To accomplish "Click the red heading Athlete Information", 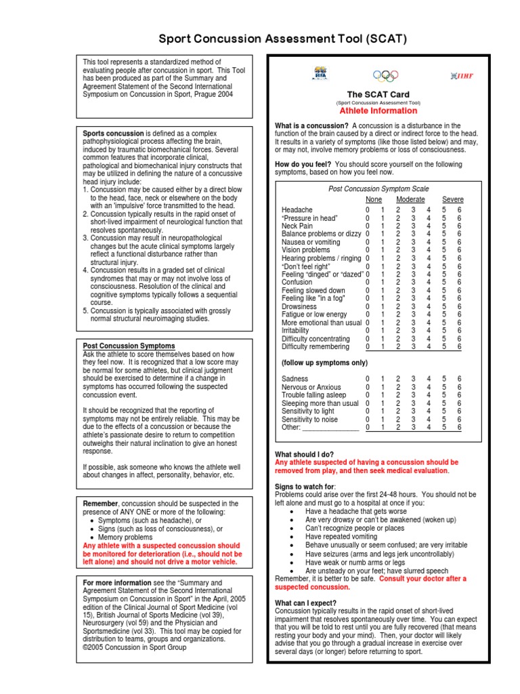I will [378, 110].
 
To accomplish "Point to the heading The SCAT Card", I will [378, 94].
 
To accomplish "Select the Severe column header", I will [453, 199].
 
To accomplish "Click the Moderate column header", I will [410, 199].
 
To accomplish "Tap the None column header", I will [374, 199].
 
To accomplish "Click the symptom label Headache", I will [297, 210].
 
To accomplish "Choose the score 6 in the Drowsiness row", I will [459, 306].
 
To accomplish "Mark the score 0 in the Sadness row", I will [368, 379].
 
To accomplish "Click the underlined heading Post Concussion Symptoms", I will [129, 346].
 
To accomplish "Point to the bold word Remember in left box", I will [101, 504].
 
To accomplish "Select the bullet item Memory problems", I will [129, 536].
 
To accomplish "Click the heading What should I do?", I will [304, 454].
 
